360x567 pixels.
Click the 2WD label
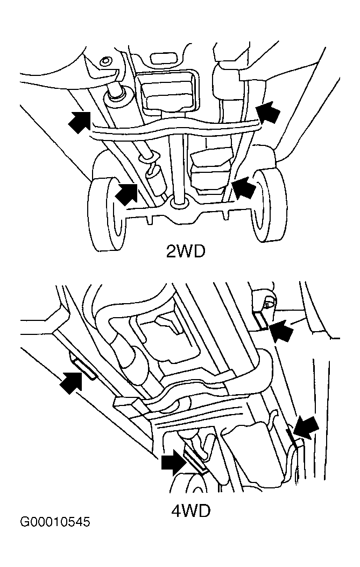click(x=186, y=250)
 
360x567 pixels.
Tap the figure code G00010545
click(x=54, y=522)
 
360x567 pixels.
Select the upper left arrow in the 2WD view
click(x=79, y=122)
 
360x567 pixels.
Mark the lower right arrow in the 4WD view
click(x=306, y=428)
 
